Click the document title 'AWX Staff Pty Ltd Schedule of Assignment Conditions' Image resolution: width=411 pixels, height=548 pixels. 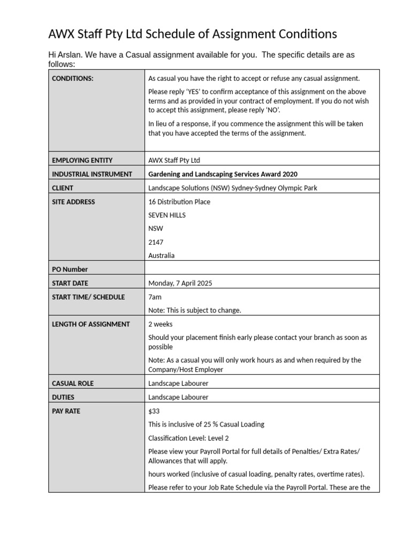tap(193, 34)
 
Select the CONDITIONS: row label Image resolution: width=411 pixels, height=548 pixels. tap(72, 78)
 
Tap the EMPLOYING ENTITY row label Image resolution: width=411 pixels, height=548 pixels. tap(82, 160)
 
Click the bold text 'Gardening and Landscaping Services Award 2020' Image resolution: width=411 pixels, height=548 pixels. tap(223, 174)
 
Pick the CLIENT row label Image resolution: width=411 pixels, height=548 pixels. tap(63, 188)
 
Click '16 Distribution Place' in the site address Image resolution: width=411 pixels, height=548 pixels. tap(179, 202)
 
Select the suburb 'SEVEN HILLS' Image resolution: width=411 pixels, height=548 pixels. tap(167, 215)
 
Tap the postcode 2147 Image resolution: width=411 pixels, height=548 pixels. tap(156, 242)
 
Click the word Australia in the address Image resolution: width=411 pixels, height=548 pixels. tap(161, 255)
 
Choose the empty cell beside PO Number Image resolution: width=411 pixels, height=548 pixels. tap(262, 269)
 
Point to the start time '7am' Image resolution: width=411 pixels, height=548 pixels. tap(155, 297)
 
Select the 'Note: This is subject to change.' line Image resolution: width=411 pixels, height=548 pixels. tap(195, 310)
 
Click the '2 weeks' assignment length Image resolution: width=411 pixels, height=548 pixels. tap(160, 324)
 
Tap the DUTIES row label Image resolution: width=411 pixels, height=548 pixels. tap(63, 397)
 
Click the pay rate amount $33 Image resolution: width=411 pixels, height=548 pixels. tap(154, 411)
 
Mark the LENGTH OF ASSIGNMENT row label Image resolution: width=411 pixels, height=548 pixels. tap(90, 324)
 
